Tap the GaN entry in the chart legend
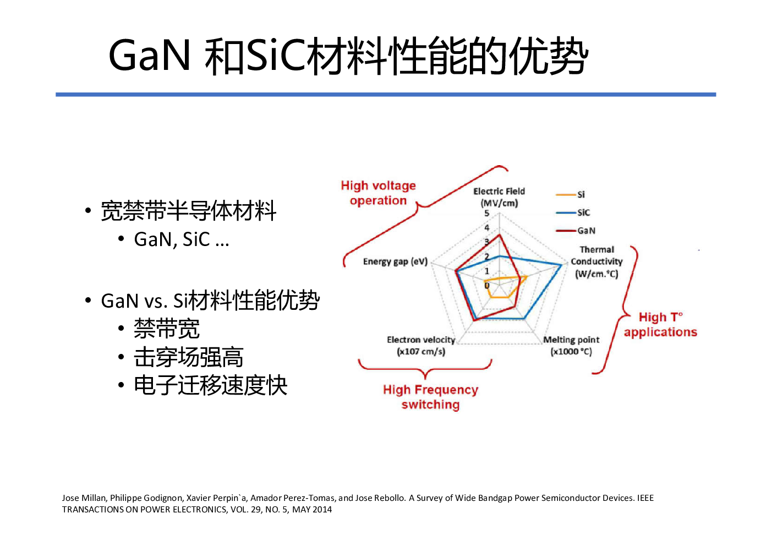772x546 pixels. pos(576,231)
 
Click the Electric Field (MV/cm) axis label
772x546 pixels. pos(499,197)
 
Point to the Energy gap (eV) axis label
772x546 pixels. pos(395,261)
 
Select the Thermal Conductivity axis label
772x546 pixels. pos(596,261)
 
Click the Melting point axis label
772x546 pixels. pos(571,346)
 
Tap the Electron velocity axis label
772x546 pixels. pos(421,346)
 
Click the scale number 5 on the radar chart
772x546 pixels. pos(486,214)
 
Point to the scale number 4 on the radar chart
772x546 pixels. pos(486,228)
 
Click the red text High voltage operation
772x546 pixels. pos(379,193)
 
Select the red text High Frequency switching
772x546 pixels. pos(430,397)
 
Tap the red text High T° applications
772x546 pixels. pos(660,325)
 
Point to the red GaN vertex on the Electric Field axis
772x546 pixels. pos(499,235)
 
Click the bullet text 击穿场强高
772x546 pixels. pos(189,357)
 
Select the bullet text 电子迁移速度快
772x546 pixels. pos(211,385)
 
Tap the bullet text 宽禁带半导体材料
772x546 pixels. pos(189,210)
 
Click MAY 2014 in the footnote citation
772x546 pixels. pos(312,510)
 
